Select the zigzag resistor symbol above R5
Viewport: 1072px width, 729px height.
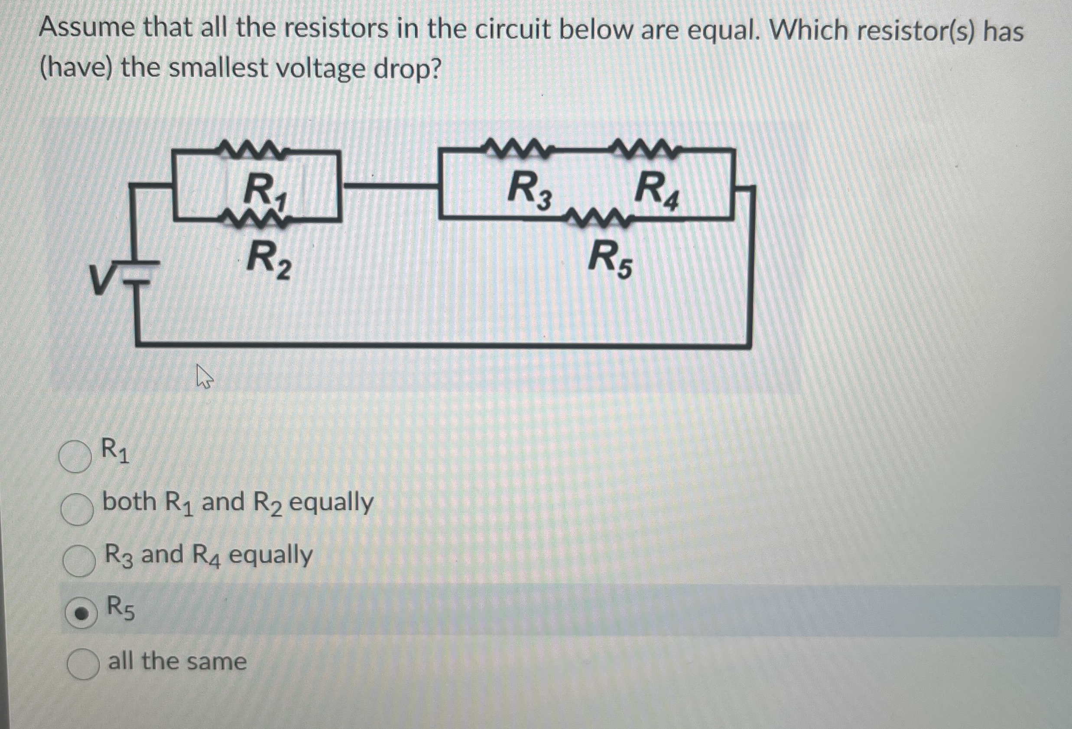point(596,217)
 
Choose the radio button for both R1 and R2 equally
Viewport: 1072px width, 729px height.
point(77,509)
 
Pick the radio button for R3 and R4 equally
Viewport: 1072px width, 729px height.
point(79,560)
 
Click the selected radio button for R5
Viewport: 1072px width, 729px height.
point(81,613)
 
